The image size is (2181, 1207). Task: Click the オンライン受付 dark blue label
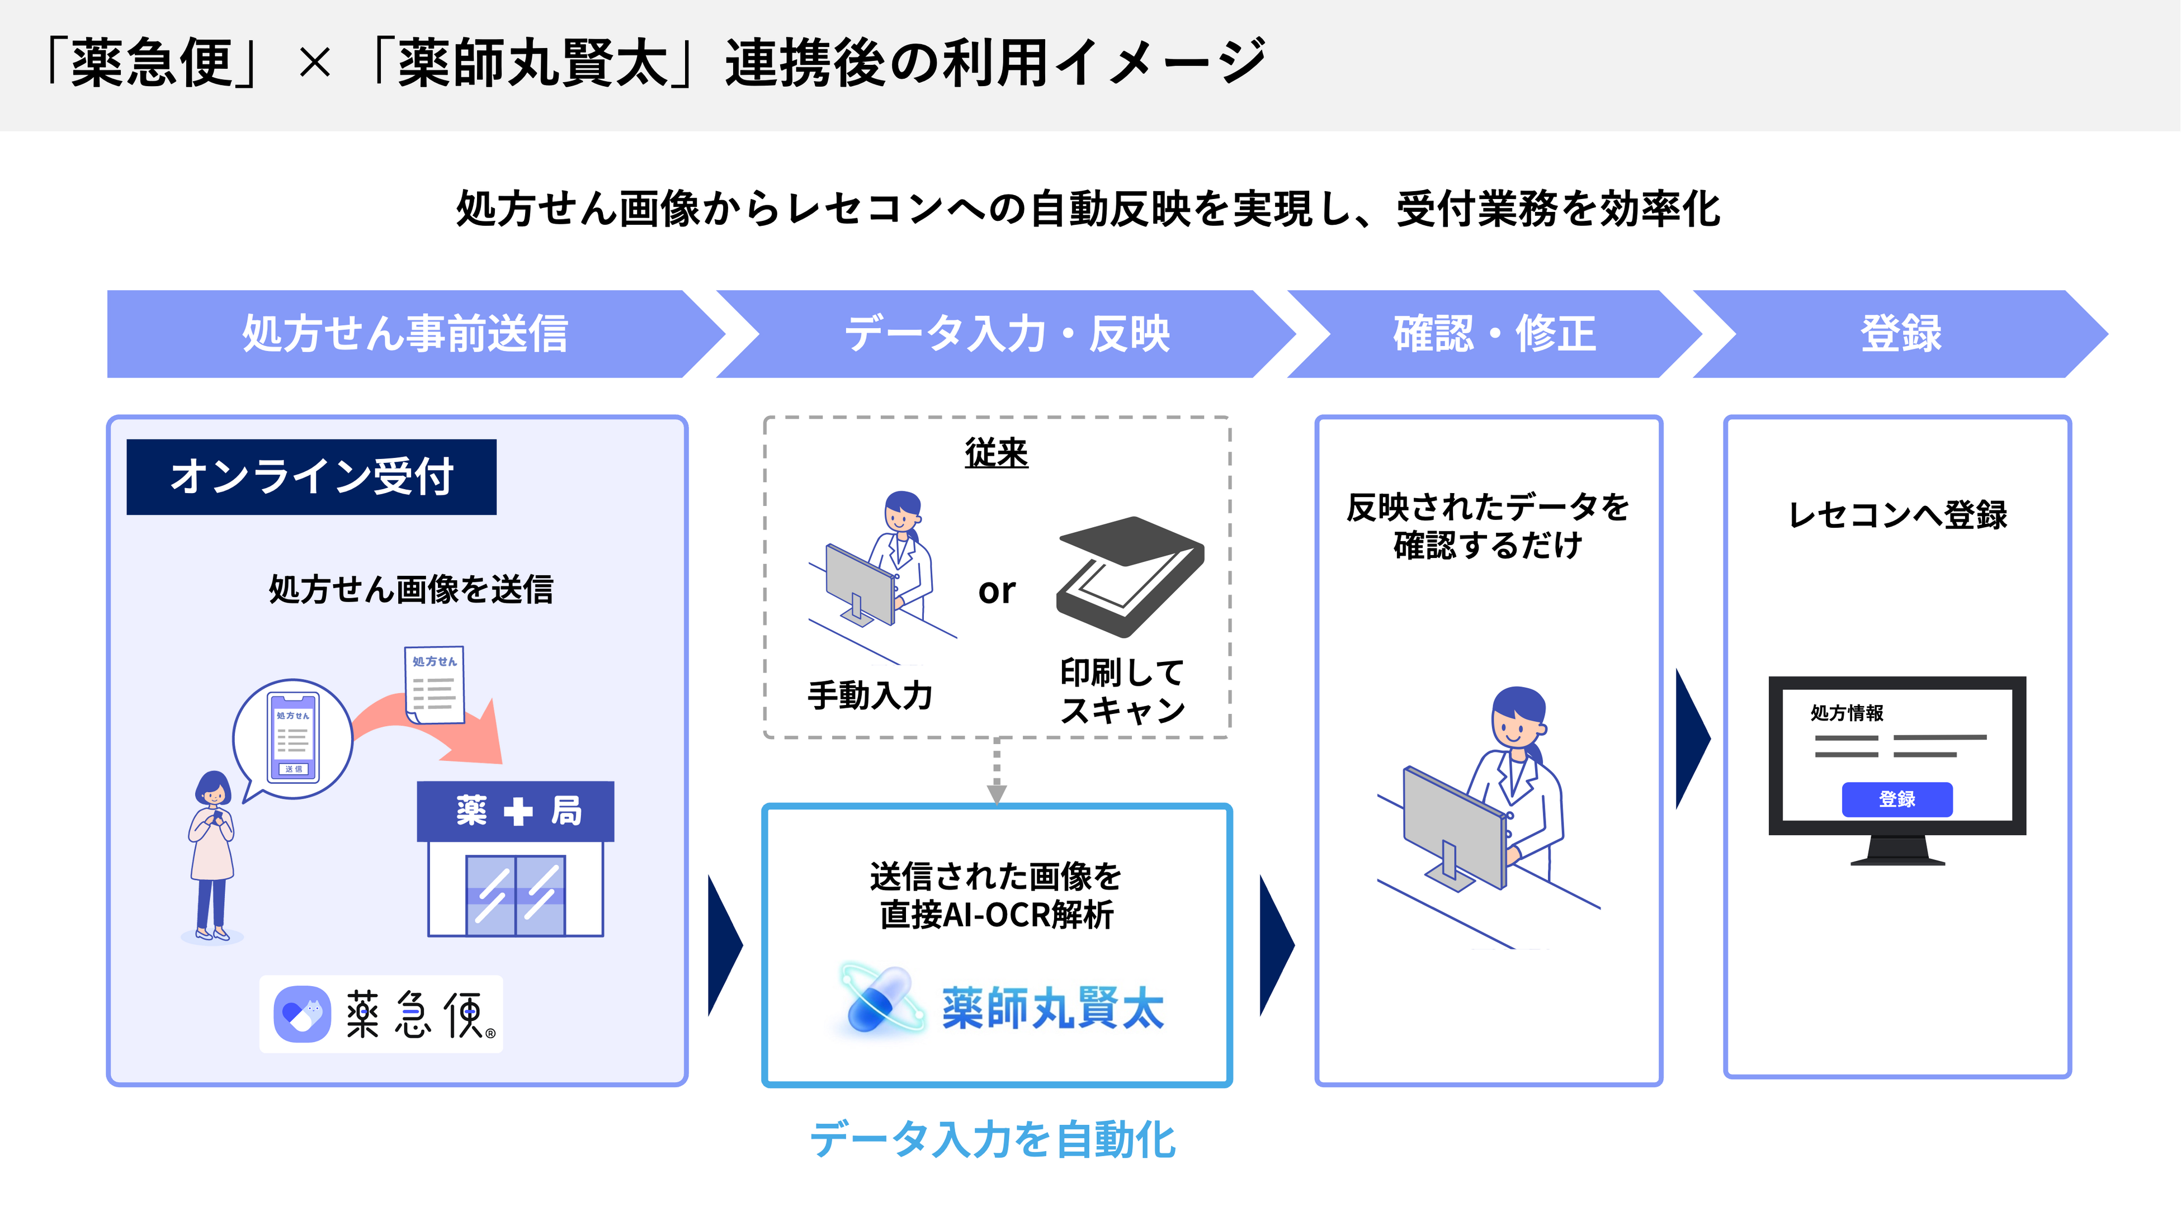pos(311,476)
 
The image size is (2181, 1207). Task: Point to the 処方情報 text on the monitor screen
pos(1847,713)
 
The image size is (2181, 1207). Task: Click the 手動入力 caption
pos(870,695)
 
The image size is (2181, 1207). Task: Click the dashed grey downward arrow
pos(997,772)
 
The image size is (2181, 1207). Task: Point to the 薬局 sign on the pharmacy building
pos(516,811)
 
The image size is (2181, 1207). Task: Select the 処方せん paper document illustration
pos(435,685)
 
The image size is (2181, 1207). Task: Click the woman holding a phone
pos(211,855)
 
